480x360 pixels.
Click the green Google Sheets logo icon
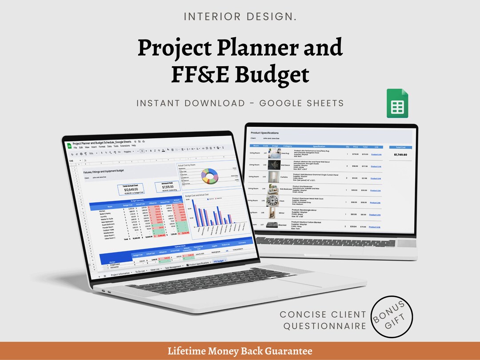point(397,104)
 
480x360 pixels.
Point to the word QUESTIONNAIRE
point(324,326)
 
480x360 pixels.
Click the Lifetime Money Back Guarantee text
point(240,351)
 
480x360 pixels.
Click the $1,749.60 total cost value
point(400,155)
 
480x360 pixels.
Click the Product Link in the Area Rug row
point(376,155)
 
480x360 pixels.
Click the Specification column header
point(319,146)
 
